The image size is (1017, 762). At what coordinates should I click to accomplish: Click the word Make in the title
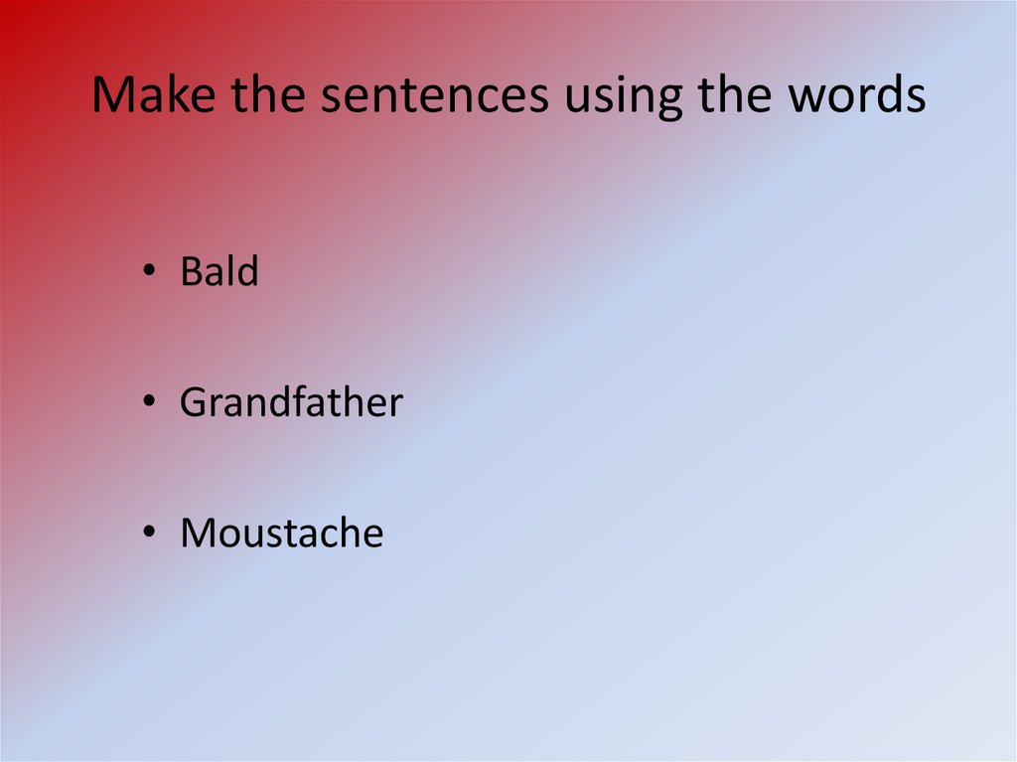pyautogui.click(x=154, y=95)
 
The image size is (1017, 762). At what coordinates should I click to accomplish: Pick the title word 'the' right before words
pyautogui.click(x=729, y=95)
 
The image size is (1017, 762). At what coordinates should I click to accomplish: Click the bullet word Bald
pyautogui.click(x=218, y=271)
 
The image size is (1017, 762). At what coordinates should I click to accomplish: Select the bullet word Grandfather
pyautogui.click(x=291, y=402)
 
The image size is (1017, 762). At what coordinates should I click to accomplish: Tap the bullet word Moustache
pyautogui.click(x=281, y=533)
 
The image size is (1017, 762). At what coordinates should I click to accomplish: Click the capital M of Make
pyautogui.click(x=112, y=95)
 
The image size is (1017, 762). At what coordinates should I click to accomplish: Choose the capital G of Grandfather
pyautogui.click(x=193, y=403)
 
